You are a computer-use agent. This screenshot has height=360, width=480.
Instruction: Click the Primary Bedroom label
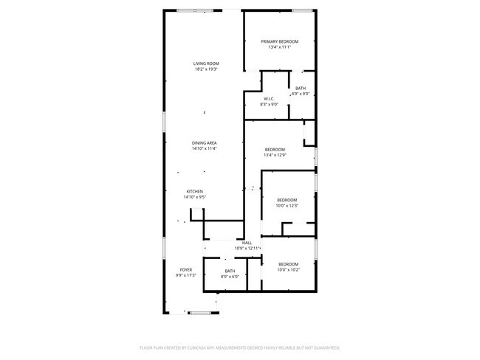tap(280, 41)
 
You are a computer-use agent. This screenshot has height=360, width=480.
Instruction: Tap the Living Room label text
tap(206, 64)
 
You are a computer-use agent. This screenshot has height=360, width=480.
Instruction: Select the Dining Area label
tap(205, 143)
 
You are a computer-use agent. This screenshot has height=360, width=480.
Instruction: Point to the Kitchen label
tap(194, 191)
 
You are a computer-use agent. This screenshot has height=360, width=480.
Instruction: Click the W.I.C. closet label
tap(269, 99)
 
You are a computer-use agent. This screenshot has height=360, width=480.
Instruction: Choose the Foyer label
tap(186, 270)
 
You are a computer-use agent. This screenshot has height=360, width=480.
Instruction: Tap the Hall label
tap(247, 243)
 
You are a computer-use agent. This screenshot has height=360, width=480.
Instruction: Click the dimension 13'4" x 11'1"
tap(280, 47)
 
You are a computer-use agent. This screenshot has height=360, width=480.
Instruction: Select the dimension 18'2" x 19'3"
tap(206, 70)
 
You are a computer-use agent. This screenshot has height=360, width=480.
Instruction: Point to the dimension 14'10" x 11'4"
tap(205, 149)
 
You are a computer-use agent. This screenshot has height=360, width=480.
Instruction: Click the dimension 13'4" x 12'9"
tap(275, 155)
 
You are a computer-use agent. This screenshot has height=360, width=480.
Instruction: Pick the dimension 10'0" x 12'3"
tap(287, 206)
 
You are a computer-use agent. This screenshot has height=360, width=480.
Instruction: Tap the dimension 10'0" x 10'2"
tap(288, 270)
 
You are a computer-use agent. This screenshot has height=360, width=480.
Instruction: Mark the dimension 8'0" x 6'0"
tap(230, 277)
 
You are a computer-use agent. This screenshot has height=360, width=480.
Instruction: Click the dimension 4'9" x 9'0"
tap(301, 94)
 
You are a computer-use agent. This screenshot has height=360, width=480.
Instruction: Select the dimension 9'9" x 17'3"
tap(186, 276)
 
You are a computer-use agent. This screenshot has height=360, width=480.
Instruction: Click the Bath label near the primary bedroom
tap(301, 88)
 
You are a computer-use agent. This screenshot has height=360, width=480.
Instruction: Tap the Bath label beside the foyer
tap(230, 271)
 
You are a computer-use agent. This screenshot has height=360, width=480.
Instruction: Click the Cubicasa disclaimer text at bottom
tap(239, 347)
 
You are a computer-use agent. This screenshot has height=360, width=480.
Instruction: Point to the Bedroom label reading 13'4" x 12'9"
tap(275, 149)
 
